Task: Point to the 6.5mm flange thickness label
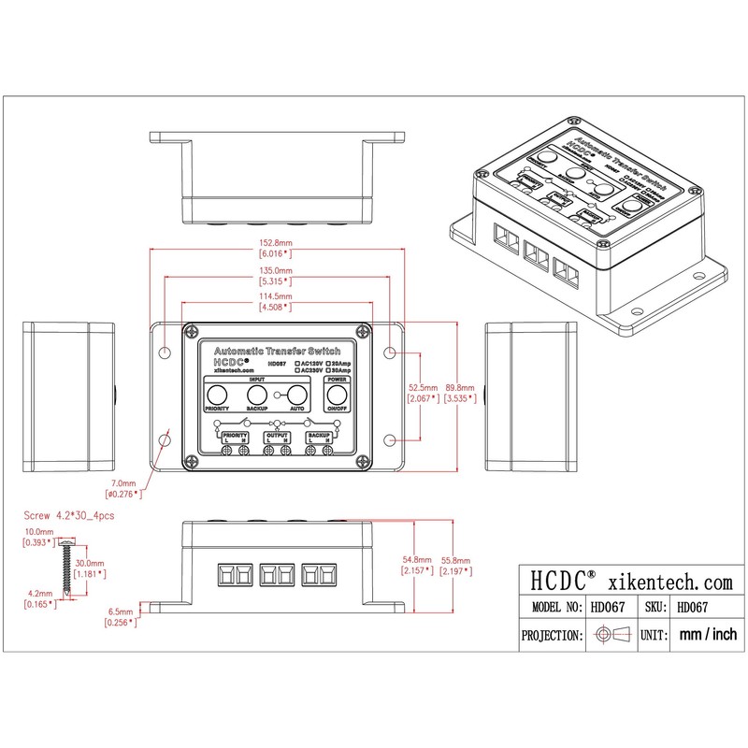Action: (x=122, y=614)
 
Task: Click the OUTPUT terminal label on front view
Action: (x=277, y=437)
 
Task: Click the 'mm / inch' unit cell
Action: (x=708, y=635)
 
